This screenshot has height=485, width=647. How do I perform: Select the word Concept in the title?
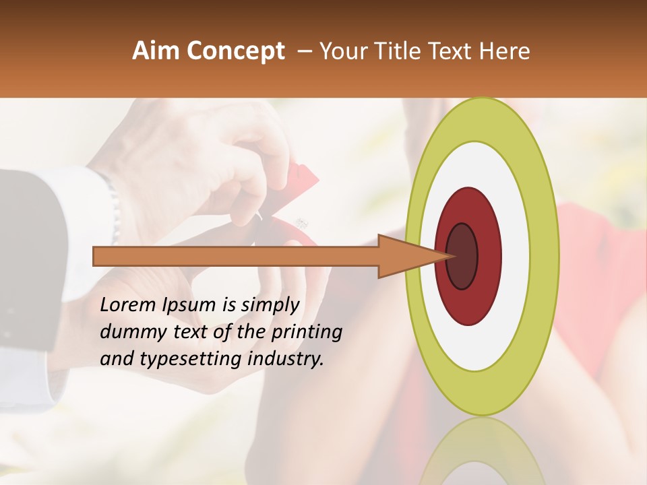pyautogui.click(x=237, y=51)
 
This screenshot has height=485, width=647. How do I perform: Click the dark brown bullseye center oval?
pyautogui.click(x=462, y=256)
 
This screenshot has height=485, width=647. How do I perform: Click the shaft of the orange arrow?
pyautogui.click(x=236, y=256)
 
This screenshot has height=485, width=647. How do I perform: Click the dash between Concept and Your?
pyautogui.click(x=305, y=52)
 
